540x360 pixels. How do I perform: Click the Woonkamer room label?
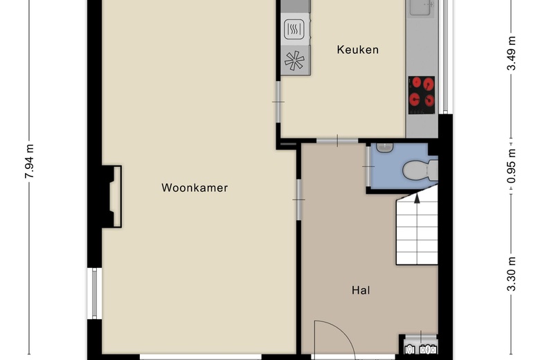tap(195, 188)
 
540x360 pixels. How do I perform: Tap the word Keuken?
tap(358, 50)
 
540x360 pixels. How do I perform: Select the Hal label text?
tap(361, 290)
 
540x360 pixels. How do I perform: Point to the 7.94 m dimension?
tap(30, 161)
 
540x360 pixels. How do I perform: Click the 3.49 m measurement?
tap(512, 53)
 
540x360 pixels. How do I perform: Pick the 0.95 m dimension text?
tap(512, 166)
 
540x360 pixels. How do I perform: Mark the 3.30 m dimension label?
tap(512, 274)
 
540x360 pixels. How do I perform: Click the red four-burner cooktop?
tap(422, 95)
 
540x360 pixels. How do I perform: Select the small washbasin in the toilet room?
tap(385, 147)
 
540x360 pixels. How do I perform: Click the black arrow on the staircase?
tap(417, 198)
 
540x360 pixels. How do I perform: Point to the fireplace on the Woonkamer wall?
tap(112, 197)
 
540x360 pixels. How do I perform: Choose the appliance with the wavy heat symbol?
tap(294, 29)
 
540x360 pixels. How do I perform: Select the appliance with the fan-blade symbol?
tap(295, 61)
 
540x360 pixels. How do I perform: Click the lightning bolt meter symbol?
tap(428, 350)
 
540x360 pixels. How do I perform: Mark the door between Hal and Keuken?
tap(338, 141)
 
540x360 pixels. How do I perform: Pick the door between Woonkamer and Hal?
tap(298, 200)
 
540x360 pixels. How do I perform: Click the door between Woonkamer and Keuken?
tap(278, 102)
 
